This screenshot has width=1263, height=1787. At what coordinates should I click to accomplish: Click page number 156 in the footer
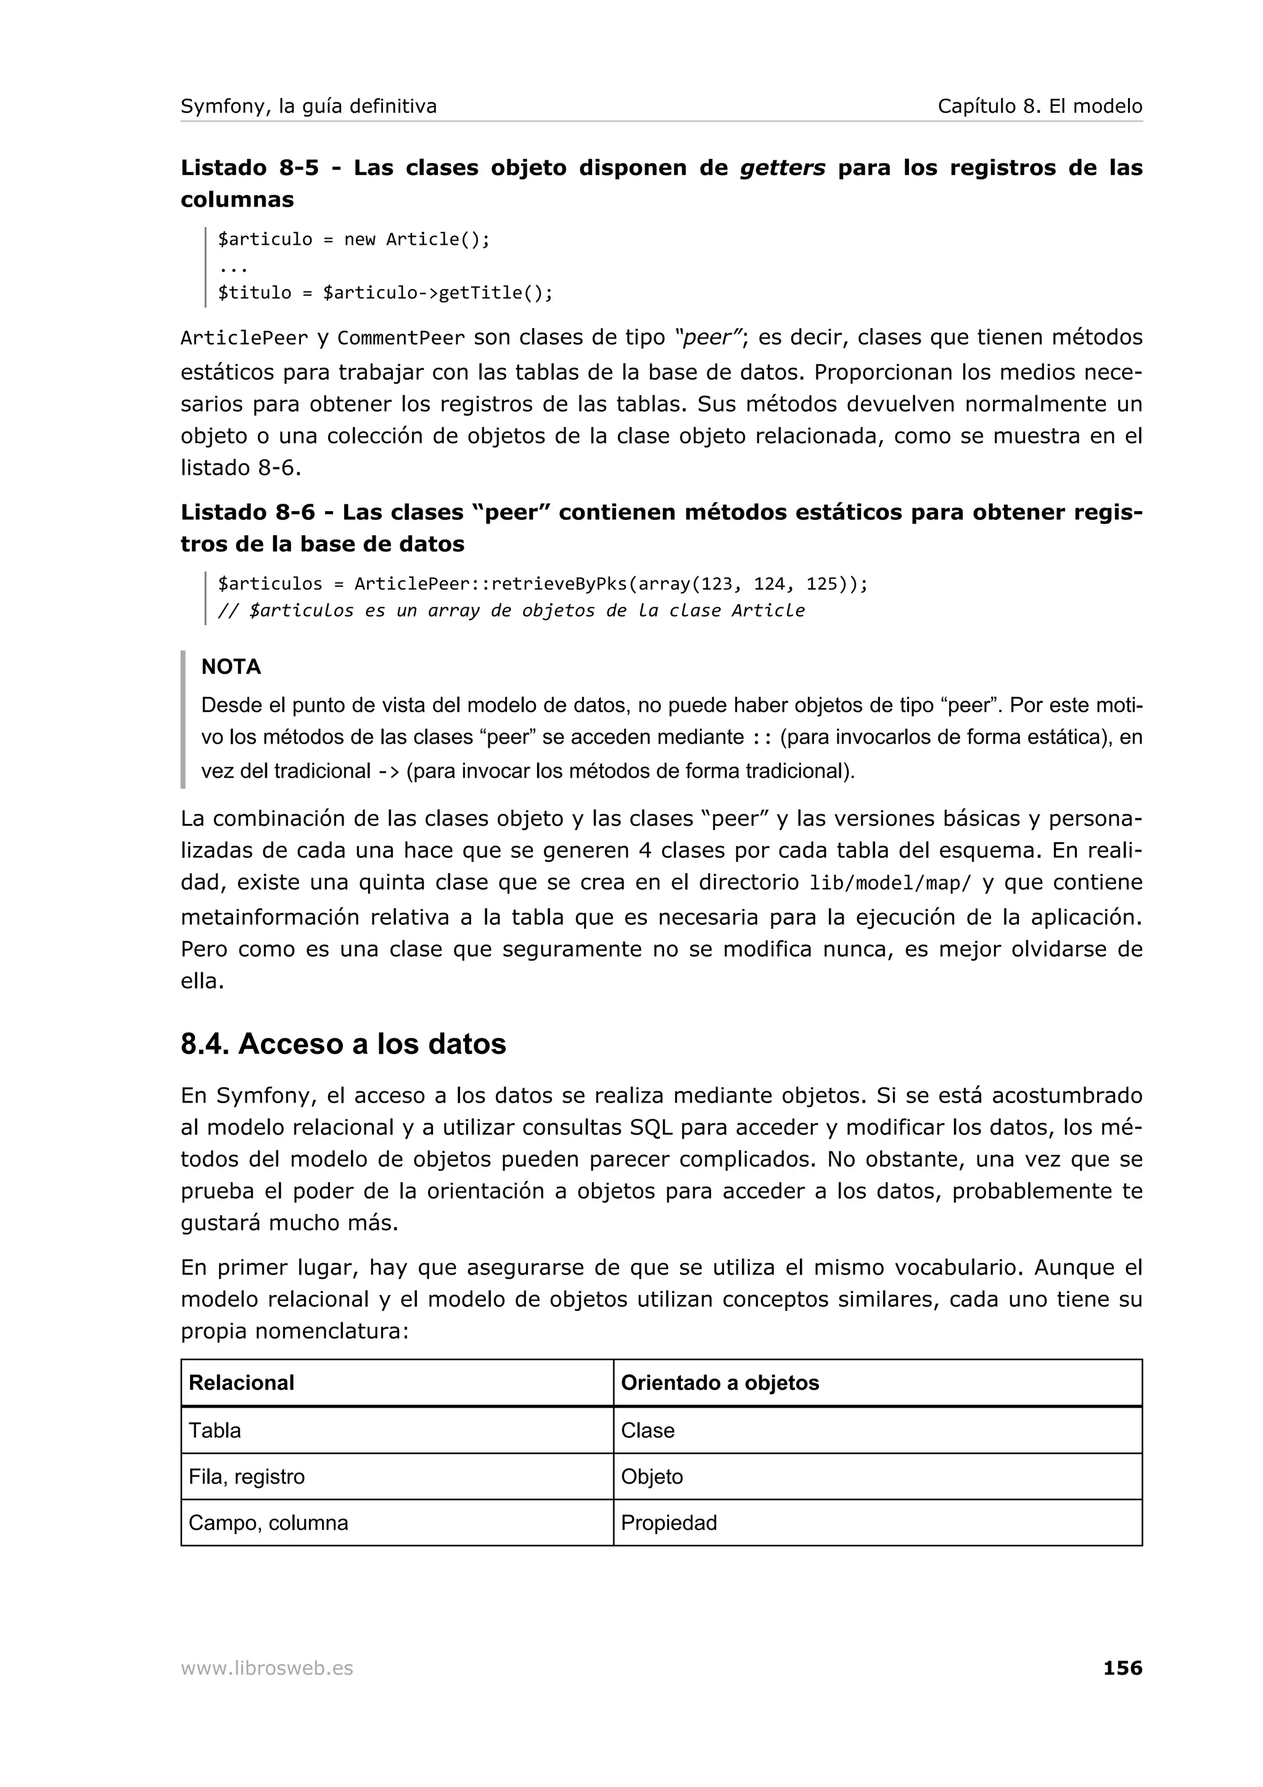[x=1122, y=1668]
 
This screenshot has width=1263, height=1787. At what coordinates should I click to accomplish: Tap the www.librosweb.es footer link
[x=267, y=1669]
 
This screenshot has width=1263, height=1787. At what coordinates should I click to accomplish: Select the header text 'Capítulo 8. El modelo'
[x=1040, y=106]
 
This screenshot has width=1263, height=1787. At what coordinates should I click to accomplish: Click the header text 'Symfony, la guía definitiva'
[x=309, y=106]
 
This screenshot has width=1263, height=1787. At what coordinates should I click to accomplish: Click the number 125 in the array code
[x=821, y=584]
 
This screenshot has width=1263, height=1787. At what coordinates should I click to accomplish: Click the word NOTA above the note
[x=231, y=667]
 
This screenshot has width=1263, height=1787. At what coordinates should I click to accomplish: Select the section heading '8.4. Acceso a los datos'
[x=343, y=1044]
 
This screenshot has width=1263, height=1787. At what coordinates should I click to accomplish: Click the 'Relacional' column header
[x=241, y=1383]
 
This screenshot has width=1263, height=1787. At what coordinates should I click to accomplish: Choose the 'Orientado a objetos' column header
[x=720, y=1383]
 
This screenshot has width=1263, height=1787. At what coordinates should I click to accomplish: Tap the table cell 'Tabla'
[x=215, y=1431]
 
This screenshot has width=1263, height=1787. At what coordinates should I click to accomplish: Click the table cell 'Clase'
[x=648, y=1431]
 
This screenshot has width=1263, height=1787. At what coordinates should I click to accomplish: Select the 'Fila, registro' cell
[x=247, y=1476]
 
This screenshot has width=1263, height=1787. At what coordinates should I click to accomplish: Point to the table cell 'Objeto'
[x=651, y=1476]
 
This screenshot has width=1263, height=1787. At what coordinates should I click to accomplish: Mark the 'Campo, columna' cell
[x=268, y=1522]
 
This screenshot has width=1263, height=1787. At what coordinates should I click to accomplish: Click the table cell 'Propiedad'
[x=669, y=1522]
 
